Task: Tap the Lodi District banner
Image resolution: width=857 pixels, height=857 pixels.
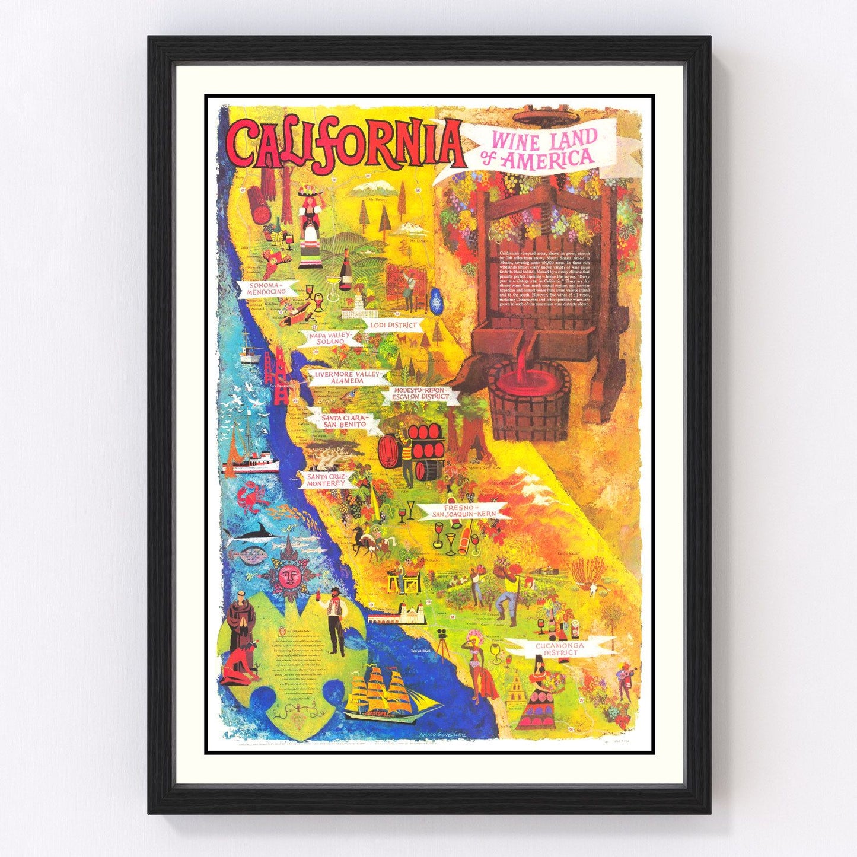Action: tap(393, 325)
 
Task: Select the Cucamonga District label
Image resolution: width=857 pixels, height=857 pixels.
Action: tap(555, 648)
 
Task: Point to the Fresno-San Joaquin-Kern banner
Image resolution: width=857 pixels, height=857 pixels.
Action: tap(463, 512)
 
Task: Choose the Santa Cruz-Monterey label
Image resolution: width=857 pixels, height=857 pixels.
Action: tap(326, 479)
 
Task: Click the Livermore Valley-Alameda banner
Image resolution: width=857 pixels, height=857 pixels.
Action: tap(347, 377)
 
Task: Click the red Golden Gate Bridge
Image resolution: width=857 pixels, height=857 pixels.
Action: tap(277, 380)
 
